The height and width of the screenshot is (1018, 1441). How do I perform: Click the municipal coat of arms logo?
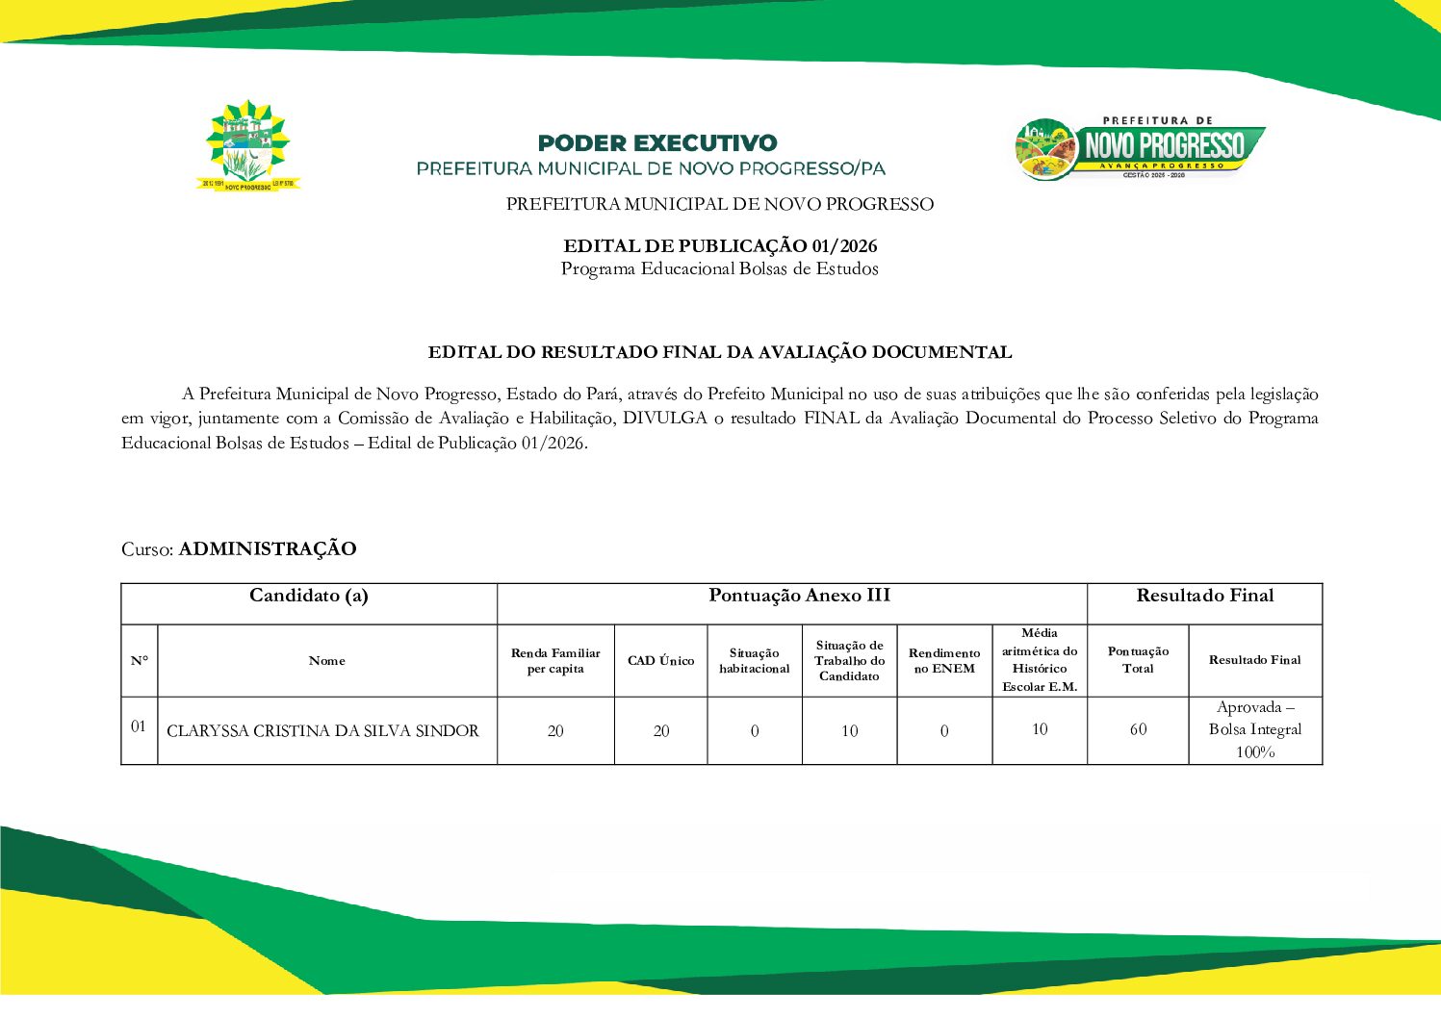click(x=248, y=146)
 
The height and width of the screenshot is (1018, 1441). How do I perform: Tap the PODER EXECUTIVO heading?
click(x=656, y=143)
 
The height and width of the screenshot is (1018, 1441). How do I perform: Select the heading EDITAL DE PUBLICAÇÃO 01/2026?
click(x=720, y=246)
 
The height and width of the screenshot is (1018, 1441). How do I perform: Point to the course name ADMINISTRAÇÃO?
click(x=268, y=549)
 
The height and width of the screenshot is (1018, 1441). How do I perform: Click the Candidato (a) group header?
click(x=309, y=596)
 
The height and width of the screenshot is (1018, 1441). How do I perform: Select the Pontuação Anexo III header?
click(x=799, y=596)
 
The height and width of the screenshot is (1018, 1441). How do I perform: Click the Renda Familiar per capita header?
click(x=555, y=661)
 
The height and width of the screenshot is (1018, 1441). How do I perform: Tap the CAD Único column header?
click(x=660, y=661)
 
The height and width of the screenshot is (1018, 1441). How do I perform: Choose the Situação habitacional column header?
click(x=754, y=661)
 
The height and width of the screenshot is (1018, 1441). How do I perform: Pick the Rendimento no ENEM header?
click(x=944, y=661)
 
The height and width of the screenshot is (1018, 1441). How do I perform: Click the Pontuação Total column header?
click(x=1138, y=660)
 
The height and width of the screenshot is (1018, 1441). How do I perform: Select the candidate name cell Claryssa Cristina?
click(x=323, y=731)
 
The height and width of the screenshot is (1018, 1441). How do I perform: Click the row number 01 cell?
click(x=139, y=726)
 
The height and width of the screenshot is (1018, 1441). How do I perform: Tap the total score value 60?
click(x=1138, y=729)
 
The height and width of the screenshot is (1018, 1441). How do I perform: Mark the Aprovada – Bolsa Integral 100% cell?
click(x=1255, y=730)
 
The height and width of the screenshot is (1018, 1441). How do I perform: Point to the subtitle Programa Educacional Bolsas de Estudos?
click(x=720, y=269)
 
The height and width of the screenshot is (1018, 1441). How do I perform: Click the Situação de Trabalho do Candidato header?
click(x=849, y=661)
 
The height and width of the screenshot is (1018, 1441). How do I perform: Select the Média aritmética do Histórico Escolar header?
click(x=1040, y=660)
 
